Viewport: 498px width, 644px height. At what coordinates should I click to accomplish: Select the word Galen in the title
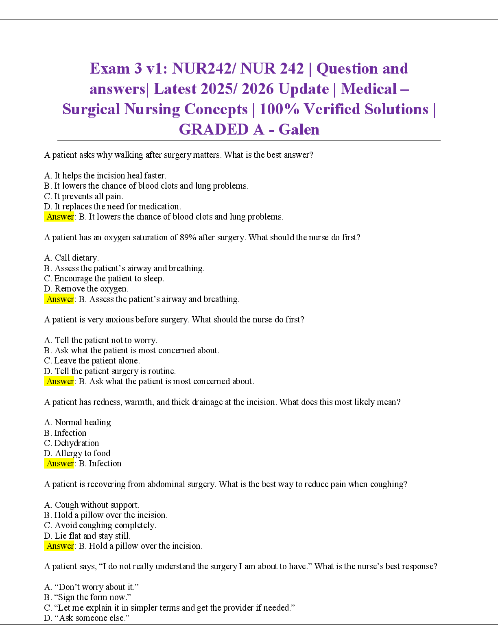(x=299, y=130)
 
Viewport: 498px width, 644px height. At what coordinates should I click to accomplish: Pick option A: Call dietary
(x=71, y=258)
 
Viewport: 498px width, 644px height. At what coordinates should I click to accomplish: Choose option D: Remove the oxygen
(x=86, y=289)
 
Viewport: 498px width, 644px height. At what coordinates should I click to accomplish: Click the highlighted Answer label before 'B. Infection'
(x=59, y=463)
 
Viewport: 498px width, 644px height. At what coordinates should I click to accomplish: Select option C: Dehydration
(x=72, y=443)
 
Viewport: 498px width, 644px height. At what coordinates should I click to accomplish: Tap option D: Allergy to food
(x=77, y=453)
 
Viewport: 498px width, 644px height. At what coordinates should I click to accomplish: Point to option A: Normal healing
(x=77, y=422)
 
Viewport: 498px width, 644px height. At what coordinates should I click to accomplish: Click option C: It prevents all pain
(x=84, y=196)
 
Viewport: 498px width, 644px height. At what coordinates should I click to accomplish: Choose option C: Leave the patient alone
(x=92, y=361)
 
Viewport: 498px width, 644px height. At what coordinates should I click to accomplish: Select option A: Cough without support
(x=92, y=505)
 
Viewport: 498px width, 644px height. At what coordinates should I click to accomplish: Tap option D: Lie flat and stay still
(x=87, y=535)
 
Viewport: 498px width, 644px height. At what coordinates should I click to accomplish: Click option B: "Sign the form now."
(x=87, y=597)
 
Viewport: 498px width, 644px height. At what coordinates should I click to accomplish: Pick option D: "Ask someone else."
(x=87, y=618)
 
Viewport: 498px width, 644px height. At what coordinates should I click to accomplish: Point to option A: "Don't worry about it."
(x=92, y=587)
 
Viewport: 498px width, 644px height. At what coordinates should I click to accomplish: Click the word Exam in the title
(x=110, y=68)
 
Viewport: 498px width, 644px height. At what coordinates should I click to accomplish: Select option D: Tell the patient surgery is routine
(x=110, y=371)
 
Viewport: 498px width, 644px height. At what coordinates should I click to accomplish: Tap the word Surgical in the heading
(x=91, y=109)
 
